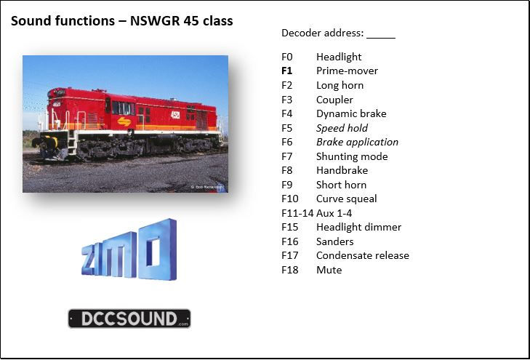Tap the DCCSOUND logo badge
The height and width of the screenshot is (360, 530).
[129, 319]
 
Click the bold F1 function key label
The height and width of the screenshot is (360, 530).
[286, 71]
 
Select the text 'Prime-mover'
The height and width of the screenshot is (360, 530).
[347, 71]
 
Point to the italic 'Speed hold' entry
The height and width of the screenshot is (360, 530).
[342, 128]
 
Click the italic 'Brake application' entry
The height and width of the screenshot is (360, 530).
[357, 142]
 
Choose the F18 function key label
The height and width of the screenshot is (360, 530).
[289, 270]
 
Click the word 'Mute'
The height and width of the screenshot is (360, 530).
[329, 270]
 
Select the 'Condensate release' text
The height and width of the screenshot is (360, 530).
[362, 255]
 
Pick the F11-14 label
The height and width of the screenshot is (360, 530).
[297, 213]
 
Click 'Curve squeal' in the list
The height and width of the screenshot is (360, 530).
[346, 199]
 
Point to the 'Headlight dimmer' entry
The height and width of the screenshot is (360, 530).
[358, 227]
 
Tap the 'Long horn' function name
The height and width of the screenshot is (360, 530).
[340, 85]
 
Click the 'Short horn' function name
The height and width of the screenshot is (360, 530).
[341, 185]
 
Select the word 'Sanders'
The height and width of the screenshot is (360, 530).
[334, 241]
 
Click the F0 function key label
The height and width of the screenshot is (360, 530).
[286, 57]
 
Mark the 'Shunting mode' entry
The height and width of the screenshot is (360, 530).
[352, 156]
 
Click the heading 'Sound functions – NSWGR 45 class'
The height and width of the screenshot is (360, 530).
[121, 21]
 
